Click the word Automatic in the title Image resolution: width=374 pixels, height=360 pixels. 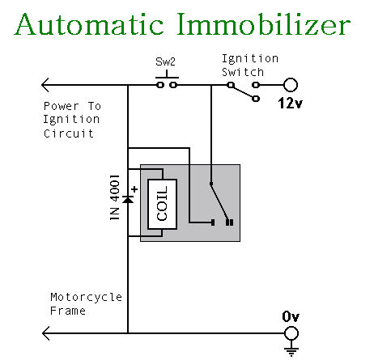click(x=89, y=24)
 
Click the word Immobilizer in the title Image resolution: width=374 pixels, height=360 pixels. click(x=264, y=24)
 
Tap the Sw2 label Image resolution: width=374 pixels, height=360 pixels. click(x=165, y=61)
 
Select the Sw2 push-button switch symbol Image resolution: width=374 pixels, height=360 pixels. click(x=167, y=80)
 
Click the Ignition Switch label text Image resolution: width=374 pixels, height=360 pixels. click(x=250, y=66)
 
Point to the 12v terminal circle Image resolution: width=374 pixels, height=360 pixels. click(x=291, y=85)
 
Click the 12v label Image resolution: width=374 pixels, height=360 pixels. click(x=290, y=103)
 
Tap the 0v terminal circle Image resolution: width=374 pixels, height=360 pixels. click(x=291, y=333)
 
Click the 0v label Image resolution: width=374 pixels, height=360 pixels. click(x=291, y=316)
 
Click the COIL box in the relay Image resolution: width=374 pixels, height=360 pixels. click(x=162, y=204)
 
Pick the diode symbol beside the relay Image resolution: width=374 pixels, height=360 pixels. click(x=128, y=200)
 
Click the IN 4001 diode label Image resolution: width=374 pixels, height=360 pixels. click(x=115, y=197)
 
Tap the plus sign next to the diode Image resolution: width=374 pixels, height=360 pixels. click(x=134, y=189)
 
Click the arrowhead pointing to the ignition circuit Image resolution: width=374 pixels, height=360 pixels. click(x=45, y=85)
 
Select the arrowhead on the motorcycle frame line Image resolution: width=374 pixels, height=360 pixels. click(x=46, y=333)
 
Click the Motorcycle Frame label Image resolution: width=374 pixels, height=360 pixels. click(x=86, y=304)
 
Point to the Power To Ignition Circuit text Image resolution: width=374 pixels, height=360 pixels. click(x=72, y=120)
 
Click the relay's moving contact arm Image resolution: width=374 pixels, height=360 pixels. click(x=220, y=202)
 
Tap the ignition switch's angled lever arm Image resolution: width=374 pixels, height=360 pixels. click(x=243, y=91)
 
